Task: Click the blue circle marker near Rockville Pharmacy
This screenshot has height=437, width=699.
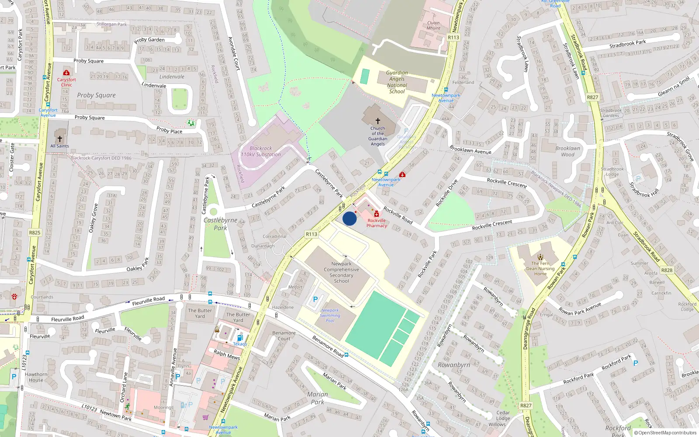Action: [349, 218]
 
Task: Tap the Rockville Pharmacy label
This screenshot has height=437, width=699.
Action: [377, 223]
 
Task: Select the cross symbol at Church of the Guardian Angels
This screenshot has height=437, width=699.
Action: [378, 121]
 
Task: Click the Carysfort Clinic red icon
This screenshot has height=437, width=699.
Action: [66, 73]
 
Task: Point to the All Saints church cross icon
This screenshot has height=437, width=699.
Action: [60, 139]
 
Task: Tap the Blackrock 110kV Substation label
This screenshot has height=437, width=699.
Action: [261, 151]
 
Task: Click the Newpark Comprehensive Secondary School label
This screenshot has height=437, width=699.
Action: [341, 272]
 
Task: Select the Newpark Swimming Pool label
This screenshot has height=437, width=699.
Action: [330, 316]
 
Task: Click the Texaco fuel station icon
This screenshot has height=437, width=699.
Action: [239, 338]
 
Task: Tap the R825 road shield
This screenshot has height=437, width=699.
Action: [35, 232]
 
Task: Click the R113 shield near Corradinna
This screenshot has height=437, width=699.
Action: [311, 234]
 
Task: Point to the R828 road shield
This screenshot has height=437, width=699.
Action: [667, 270]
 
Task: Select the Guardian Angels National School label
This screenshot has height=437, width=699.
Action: [397, 82]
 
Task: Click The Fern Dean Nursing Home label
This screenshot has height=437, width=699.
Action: [540, 268]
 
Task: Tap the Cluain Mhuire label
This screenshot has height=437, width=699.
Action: [433, 25]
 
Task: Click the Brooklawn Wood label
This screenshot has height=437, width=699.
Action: [568, 151]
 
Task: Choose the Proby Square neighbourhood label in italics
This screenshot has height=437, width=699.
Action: [96, 95]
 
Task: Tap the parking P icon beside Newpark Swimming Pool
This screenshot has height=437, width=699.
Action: [315, 300]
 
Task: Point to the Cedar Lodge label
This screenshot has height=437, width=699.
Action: [503, 415]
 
